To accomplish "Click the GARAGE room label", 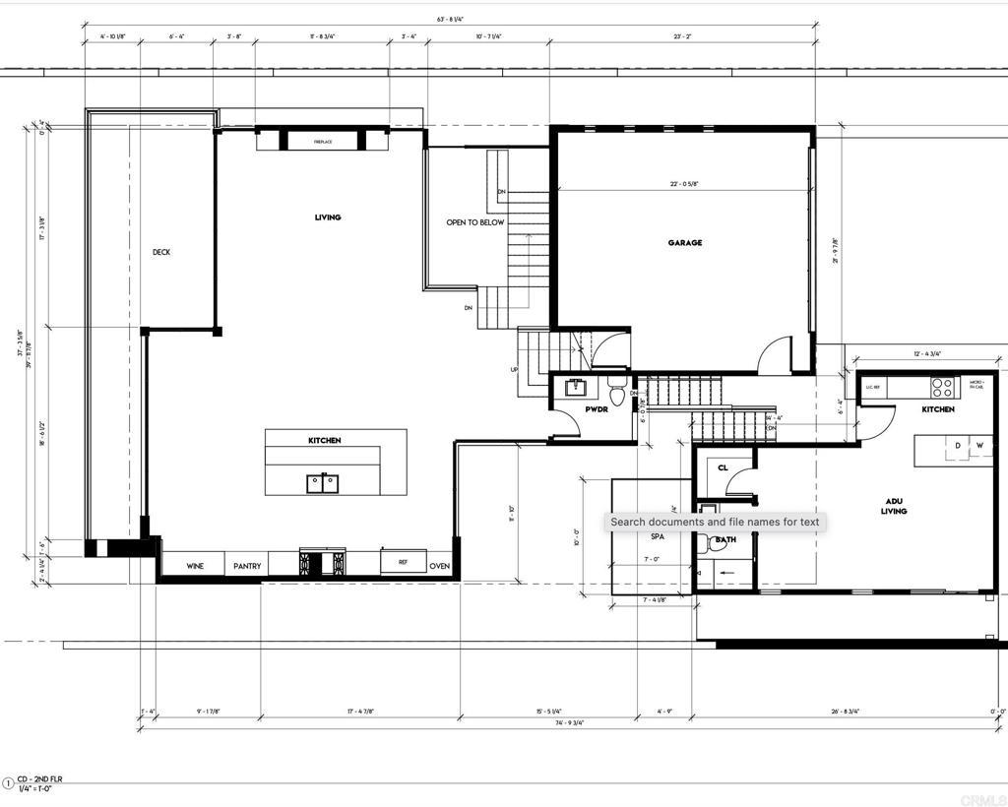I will pos(684,243).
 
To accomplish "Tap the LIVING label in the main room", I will pos(328,217).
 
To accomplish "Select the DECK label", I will pos(161,253).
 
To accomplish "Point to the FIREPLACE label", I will pos(323,142).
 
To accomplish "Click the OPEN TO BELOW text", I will pos(474,223).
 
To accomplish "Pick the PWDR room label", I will pos(596,408).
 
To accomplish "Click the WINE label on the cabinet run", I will pos(195,566).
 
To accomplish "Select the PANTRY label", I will pos(247,566).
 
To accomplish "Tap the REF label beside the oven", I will pos(403,563).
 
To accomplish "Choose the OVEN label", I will pos(439,566).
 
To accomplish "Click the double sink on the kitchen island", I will pos(323,482).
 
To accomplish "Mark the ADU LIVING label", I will pos(894,507).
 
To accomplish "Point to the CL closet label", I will pos(723,468).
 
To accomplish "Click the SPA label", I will pos(657,537).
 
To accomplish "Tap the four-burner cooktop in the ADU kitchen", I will pos(942,387).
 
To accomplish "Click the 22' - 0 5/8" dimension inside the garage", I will pos(684,184).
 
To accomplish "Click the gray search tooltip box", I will pos(715,522).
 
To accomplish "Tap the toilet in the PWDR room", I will pos(618,393).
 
